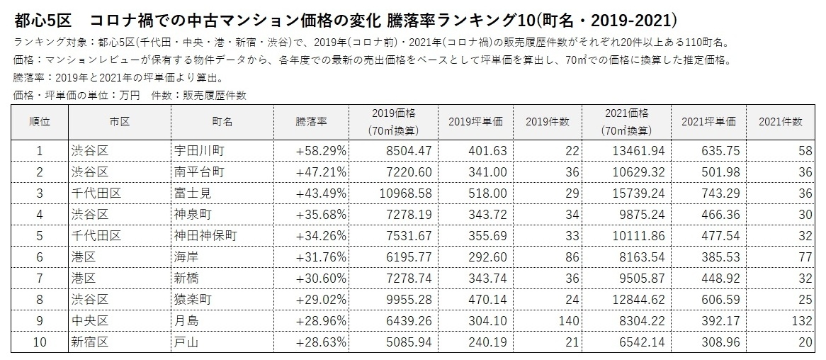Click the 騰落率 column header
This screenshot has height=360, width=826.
tap(311, 121)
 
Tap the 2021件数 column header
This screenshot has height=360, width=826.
tap(780, 121)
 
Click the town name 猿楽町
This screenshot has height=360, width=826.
tap(193, 300)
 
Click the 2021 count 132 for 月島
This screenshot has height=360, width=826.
tap(801, 321)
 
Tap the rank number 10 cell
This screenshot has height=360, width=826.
tap(40, 342)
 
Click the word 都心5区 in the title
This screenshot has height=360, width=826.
tap(40, 16)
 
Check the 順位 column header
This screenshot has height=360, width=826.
tap(40, 121)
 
